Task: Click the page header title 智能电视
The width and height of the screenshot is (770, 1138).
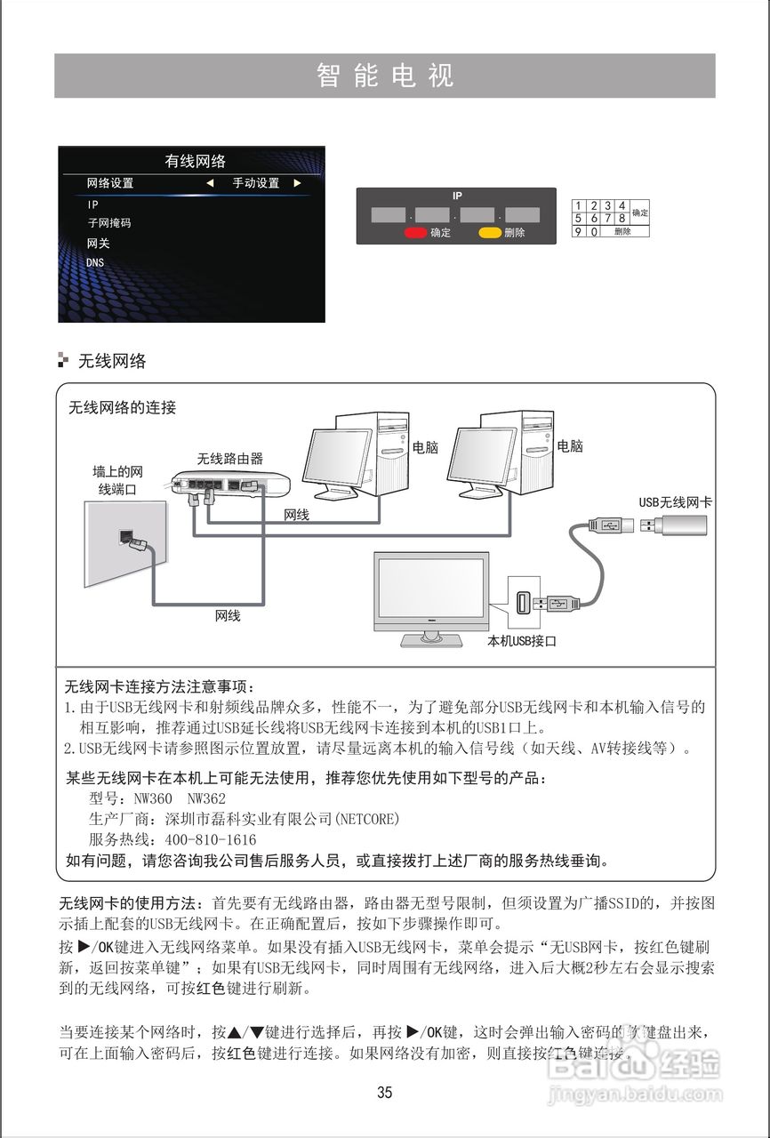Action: [x=385, y=76]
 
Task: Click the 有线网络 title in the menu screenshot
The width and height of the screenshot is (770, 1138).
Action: [x=196, y=161]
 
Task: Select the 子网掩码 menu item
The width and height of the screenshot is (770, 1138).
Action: [x=108, y=223]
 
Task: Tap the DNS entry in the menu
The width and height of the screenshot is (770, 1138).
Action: [x=95, y=262]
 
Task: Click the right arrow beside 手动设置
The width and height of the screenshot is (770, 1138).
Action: [x=298, y=183]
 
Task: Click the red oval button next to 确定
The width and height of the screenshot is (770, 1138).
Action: [x=415, y=233]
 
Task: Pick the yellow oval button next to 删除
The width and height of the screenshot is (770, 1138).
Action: [x=490, y=233]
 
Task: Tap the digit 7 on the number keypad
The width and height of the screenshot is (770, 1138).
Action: [x=607, y=218]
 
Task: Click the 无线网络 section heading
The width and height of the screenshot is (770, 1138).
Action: [x=112, y=361]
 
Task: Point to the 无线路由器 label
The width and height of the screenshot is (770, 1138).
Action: [x=230, y=459]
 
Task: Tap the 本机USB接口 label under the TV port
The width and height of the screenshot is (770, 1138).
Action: [x=522, y=640]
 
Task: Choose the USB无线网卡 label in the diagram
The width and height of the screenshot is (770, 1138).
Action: [x=676, y=502]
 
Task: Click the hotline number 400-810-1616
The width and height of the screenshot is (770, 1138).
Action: [x=211, y=839]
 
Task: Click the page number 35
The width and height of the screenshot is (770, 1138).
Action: [x=384, y=1093]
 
